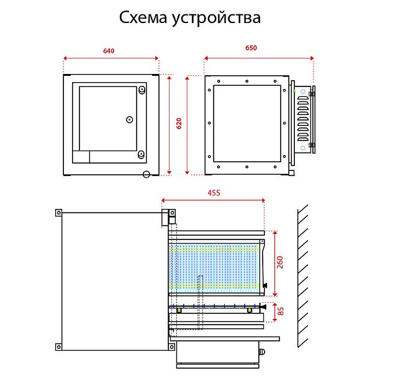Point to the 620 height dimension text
179,122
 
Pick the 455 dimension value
214,193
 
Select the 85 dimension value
280,309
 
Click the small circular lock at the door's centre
129,119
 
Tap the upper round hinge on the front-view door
142,91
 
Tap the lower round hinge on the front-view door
141,154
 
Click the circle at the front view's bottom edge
147,175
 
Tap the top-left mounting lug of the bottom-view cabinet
59,213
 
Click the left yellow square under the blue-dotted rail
179,310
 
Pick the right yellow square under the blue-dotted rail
250,310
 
